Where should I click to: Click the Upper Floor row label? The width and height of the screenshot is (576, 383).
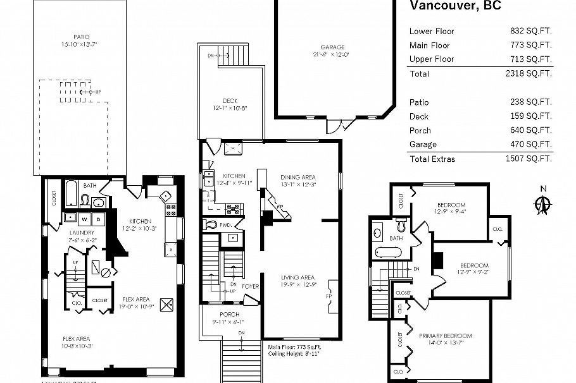432,59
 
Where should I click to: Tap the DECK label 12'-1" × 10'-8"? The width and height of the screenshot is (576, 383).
230,104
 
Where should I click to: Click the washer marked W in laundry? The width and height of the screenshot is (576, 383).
84,219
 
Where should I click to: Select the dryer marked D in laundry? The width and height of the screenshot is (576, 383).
98,219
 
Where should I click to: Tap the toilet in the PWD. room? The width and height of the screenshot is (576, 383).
211,224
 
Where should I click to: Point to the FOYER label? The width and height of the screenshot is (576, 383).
250,286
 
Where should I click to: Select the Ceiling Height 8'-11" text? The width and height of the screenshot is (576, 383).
294,354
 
